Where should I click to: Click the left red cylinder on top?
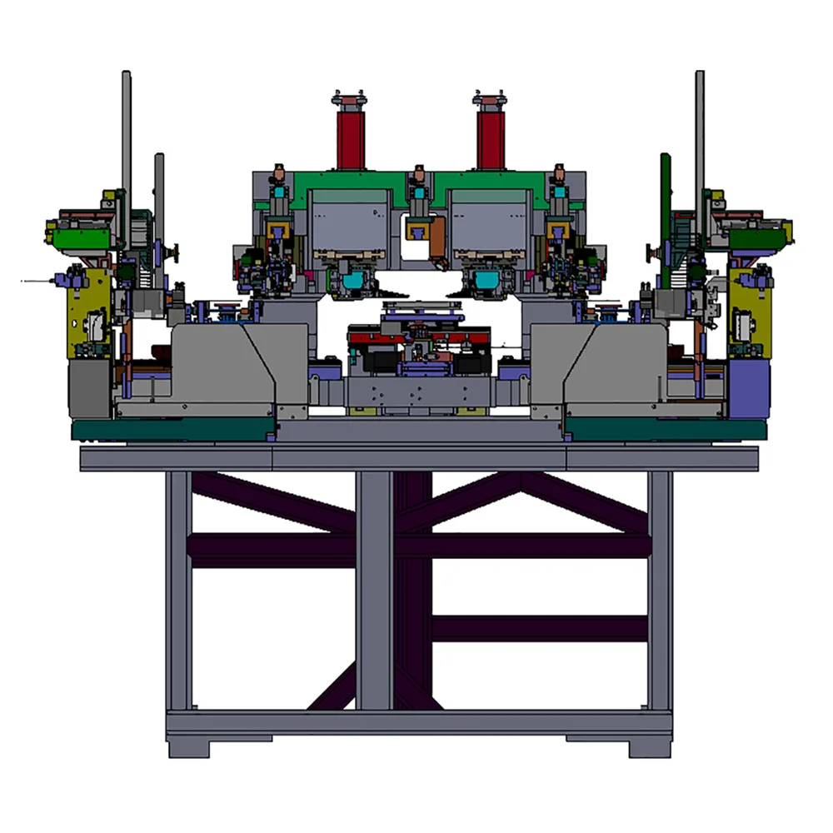[x=351, y=138]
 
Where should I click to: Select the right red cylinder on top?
[x=490, y=138]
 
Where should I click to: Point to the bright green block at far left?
[x=80, y=238]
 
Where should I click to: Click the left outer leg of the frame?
[x=178, y=591]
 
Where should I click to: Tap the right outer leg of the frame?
[x=660, y=591]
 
